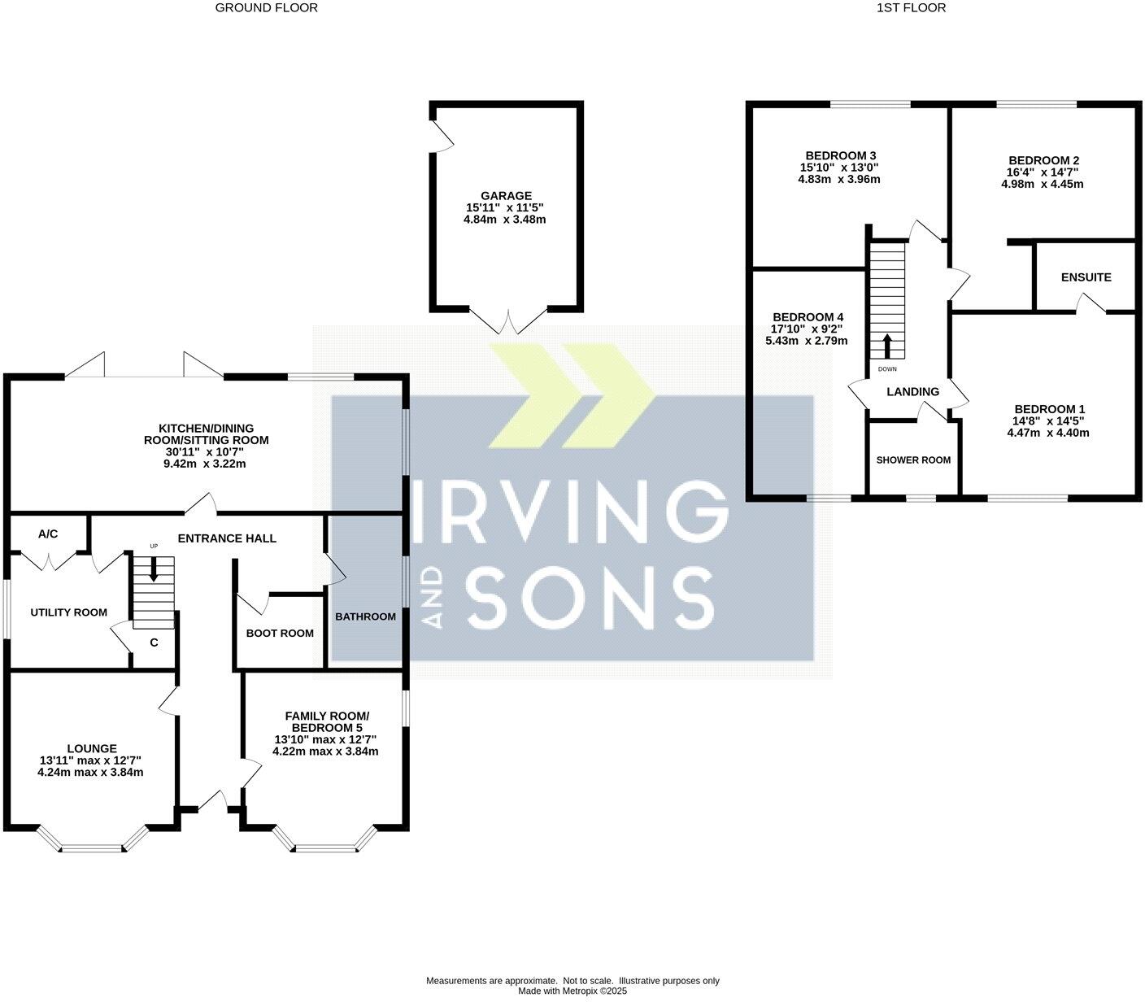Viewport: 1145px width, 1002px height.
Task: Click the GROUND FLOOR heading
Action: click(x=266, y=8)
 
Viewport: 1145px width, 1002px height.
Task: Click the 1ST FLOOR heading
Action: click(x=911, y=8)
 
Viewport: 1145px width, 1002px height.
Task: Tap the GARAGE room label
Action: click(x=506, y=196)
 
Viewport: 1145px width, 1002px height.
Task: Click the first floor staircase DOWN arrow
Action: click(x=887, y=346)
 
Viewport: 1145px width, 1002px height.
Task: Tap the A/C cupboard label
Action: click(x=48, y=534)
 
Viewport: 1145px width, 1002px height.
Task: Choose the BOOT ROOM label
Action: click(x=280, y=634)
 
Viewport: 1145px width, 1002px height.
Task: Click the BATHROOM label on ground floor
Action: click(x=365, y=616)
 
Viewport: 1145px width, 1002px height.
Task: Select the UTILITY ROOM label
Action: click(x=68, y=612)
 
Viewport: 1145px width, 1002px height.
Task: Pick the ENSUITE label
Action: click(x=1086, y=277)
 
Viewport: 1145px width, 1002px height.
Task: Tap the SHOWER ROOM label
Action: click(x=913, y=460)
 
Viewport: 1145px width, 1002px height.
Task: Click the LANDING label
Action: click(x=912, y=392)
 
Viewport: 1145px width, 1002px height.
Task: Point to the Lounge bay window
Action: click(x=92, y=846)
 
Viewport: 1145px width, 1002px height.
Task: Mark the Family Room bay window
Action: click(x=325, y=846)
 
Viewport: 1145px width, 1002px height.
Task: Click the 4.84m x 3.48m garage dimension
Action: click(x=506, y=220)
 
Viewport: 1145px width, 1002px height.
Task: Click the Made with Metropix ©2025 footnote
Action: click(x=572, y=991)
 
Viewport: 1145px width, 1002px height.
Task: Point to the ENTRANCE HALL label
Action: click(x=227, y=538)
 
